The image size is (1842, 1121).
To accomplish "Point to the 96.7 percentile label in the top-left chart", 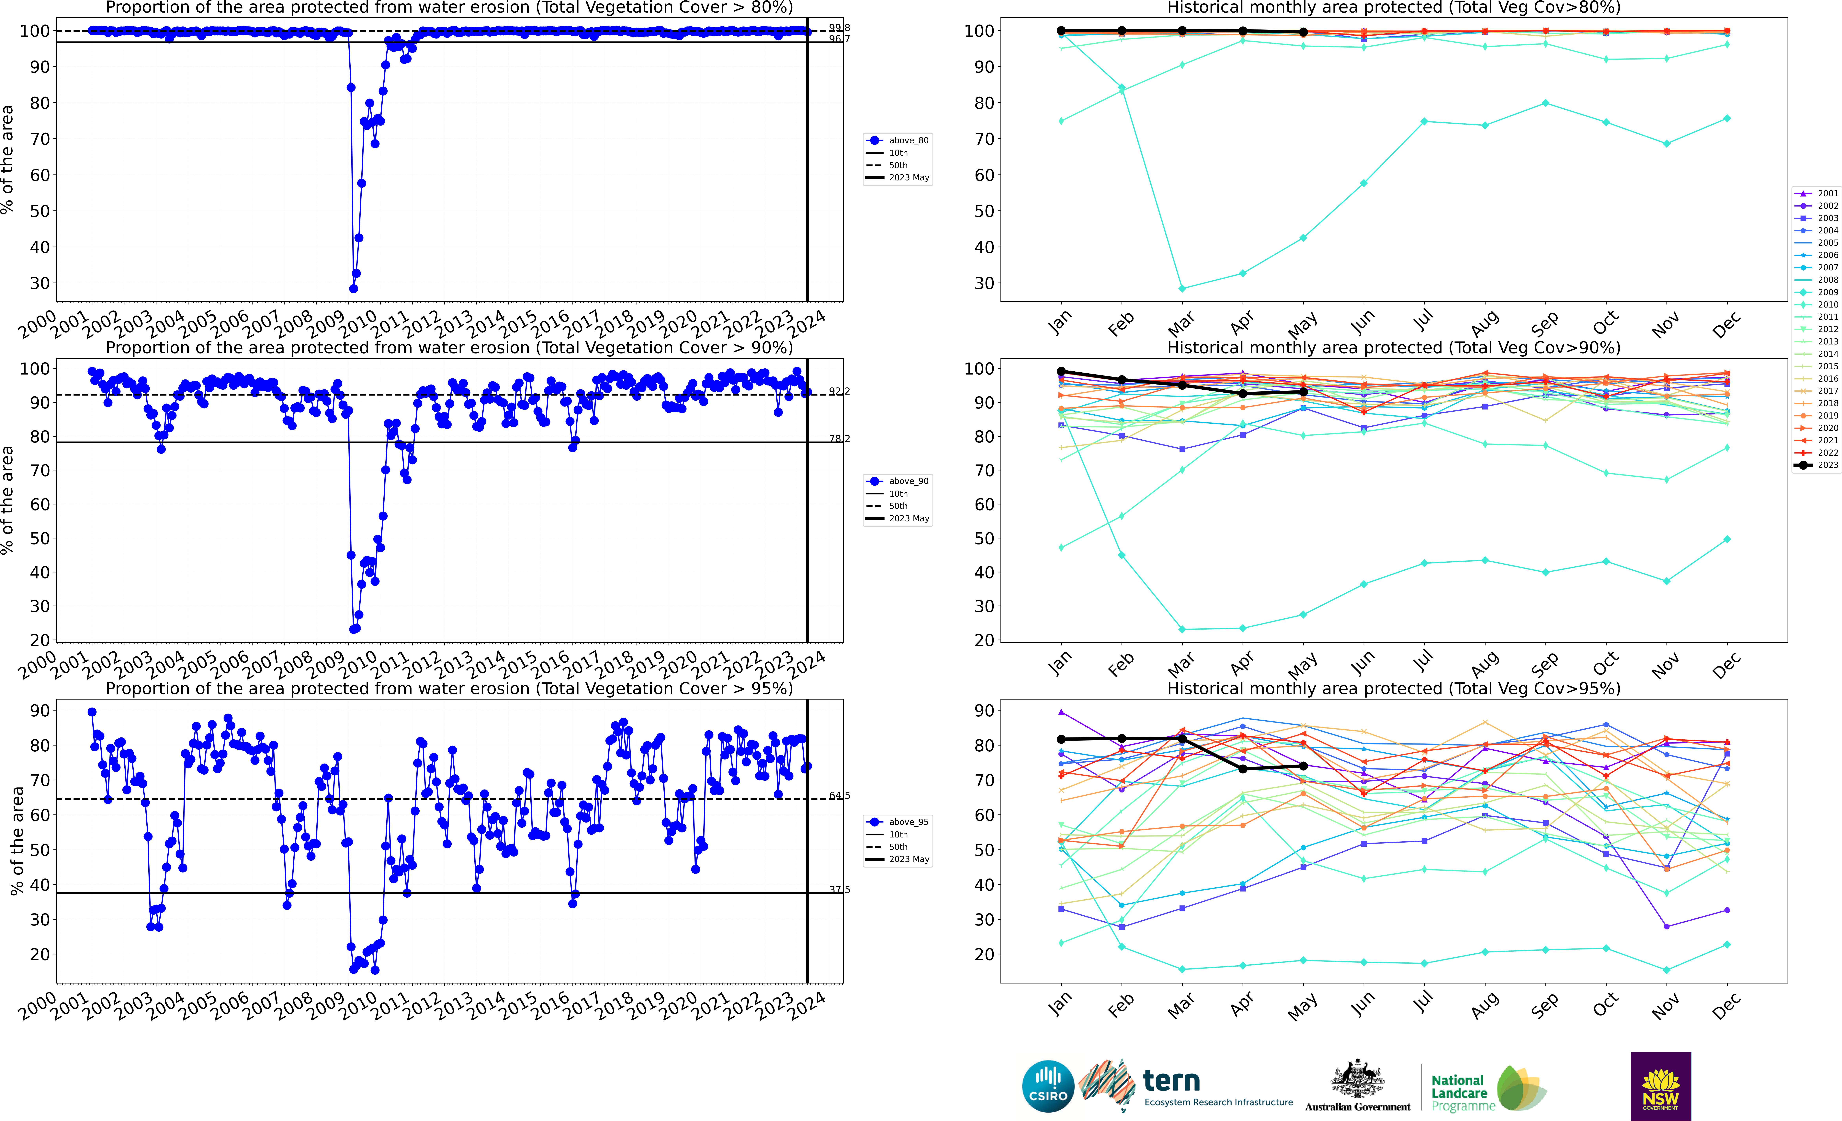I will (x=839, y=39).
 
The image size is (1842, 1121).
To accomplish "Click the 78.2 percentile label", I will (x=839, y=439).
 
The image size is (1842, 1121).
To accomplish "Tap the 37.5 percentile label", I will (x=839, y=889).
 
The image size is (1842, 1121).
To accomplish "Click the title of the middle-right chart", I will (x=1394, y=348).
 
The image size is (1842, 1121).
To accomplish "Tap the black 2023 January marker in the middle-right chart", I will (x=1061, y=371).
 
